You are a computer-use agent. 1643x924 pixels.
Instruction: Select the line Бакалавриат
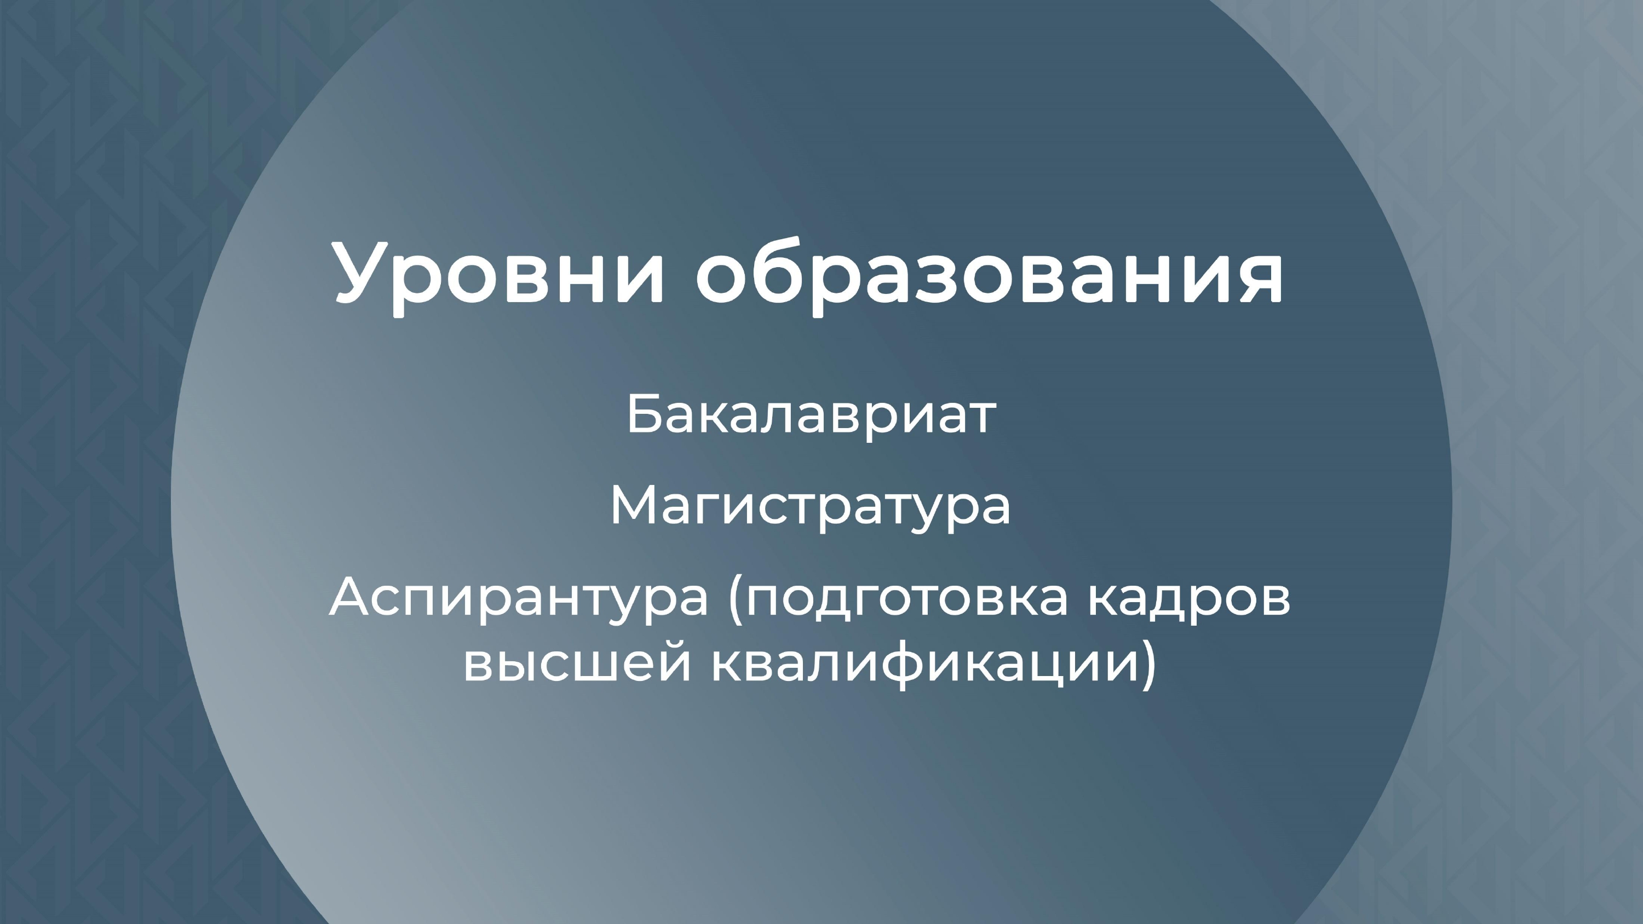(811, 414)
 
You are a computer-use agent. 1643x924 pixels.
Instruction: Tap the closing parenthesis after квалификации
(1147, 666)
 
